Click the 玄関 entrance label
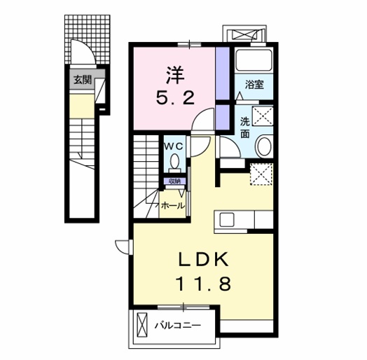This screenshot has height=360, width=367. pyautogui.click(x=83, y=79)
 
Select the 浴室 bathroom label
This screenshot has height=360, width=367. pyautogui.click(x=254, y=85)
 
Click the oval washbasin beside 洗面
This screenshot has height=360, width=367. pyautogui.click(x=264, y=147)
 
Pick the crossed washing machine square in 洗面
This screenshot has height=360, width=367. pyautogui.click(x=263, y=115)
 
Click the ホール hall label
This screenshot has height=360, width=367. pyautogui.click(x=172, y=206)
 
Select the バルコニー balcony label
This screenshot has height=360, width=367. pyautogui.click(x=178, y=325)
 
